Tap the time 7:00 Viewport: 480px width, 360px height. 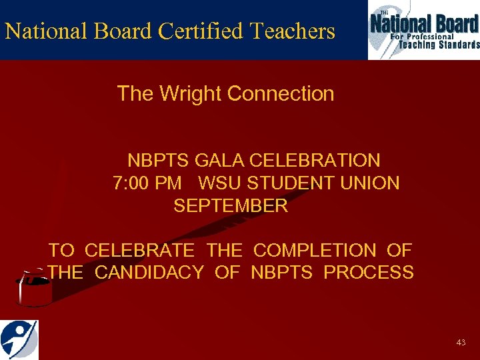point(131,183)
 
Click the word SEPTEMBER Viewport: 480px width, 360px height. point(231,205)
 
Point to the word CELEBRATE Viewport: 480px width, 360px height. point(140,251)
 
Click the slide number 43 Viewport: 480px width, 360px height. point(461,342)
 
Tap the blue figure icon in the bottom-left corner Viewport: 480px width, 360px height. point(19,339)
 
